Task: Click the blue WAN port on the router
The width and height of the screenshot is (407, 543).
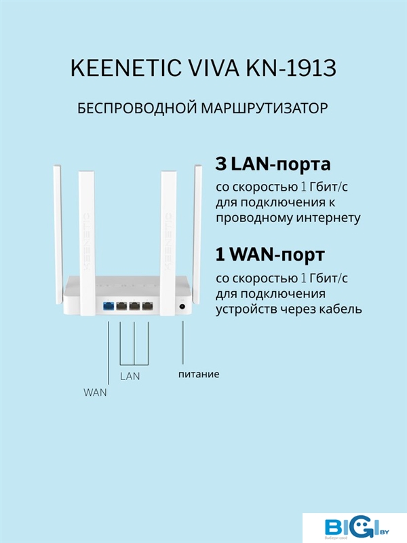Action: click(x=109, y=306)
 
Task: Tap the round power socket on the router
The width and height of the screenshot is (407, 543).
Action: click(x=182, y=306)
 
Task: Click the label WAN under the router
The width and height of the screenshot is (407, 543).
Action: click(x=95, y=393)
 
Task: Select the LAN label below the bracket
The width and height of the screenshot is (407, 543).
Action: click(x=130, y=376)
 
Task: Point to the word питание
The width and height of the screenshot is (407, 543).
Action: click(x=199, y=375)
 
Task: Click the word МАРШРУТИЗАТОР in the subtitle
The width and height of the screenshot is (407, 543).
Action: click(x=265, y=109)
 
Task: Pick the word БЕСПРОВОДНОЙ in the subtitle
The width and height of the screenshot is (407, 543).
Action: click(x=137, y=109)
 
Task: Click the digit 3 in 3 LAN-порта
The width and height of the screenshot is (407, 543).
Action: click(x=220, y=164)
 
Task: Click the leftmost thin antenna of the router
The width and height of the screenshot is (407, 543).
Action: click(x=57, y=236)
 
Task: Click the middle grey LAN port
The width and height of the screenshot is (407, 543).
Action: click(x=134, y=306)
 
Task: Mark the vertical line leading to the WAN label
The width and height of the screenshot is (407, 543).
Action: click(x=109, y=353)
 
